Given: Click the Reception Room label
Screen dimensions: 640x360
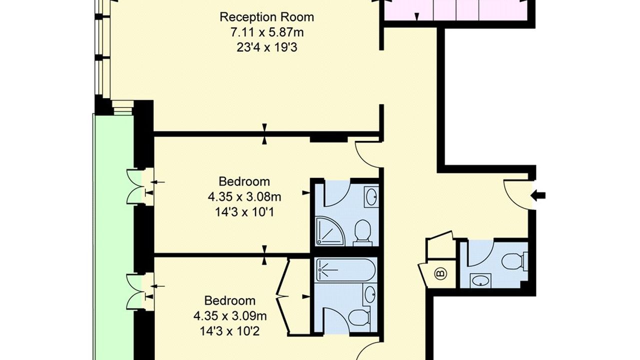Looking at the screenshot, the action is [x=266, y=17].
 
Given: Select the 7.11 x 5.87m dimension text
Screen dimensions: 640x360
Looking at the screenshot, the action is [x=267, y=32].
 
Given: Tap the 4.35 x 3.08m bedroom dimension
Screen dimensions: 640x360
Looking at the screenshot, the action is [x=244, y=197].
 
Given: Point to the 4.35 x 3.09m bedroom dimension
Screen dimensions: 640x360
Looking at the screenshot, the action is [x=230, y=316].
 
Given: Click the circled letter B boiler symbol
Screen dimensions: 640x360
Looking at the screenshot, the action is [x=440, y=274].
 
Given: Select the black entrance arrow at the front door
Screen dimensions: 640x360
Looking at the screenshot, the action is [x=538, y=196].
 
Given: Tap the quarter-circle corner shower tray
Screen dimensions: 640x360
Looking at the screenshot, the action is [x=330, y=231].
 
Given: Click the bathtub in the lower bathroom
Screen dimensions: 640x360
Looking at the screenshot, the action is [x=345, y=270].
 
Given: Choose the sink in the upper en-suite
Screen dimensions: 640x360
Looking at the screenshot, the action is [x=371, y=196].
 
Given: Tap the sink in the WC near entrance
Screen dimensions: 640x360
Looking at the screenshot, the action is [x=480, y=280].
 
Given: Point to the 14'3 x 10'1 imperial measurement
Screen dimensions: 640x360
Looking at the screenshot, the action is [x=244, y=212].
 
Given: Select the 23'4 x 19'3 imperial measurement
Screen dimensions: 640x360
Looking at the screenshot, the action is [x=267, y=47].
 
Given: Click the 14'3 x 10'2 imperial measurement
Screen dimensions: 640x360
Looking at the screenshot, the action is [x=230, y=331].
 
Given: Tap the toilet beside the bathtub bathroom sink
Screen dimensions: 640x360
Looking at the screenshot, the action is [x=360, y=317].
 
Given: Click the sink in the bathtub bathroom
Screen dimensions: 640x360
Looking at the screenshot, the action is [x=370, y=295].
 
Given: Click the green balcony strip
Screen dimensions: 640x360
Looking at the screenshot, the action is [x=113, y=237].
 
